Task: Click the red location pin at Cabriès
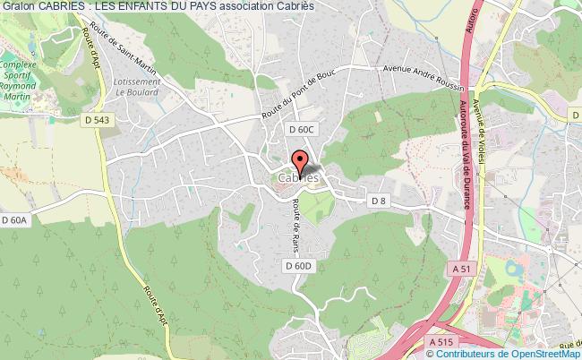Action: (299, 162)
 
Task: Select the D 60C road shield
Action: (303, 129)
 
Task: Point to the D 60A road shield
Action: (16, 219)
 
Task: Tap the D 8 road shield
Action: (378, 201)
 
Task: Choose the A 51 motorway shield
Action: (461, 268)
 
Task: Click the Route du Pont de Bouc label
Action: (297, 100)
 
